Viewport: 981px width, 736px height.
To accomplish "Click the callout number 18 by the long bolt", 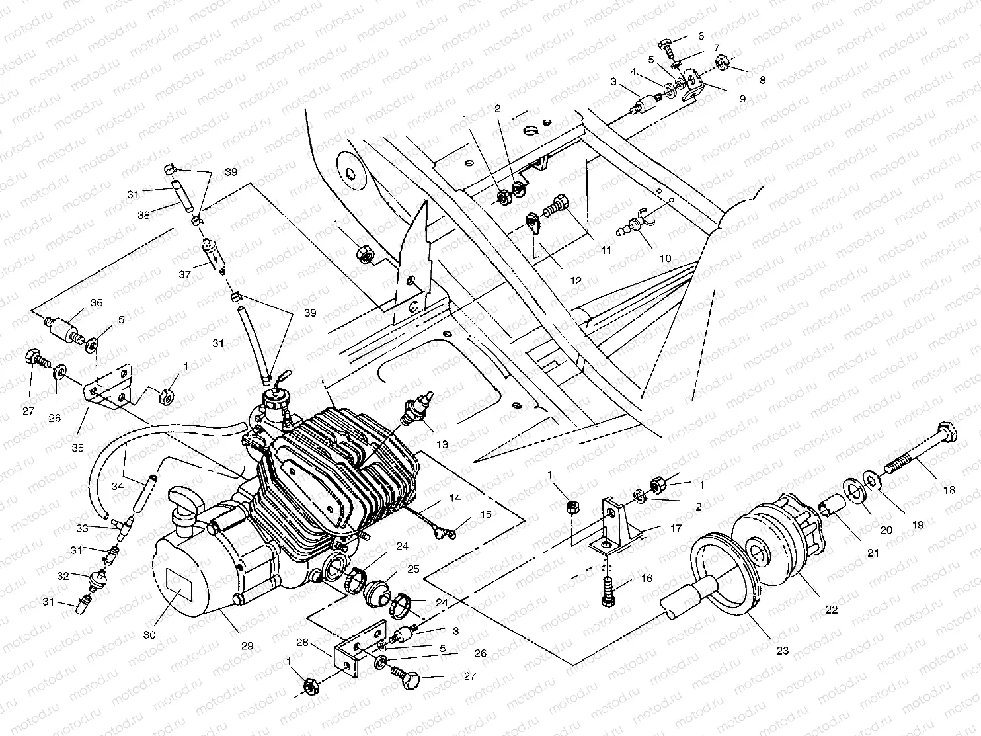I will pos(949,491).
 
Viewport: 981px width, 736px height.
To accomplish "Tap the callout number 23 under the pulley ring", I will pos(783,651).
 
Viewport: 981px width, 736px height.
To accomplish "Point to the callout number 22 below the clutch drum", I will pos(831,610).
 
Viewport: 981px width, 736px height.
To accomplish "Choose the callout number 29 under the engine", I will pos(247,645).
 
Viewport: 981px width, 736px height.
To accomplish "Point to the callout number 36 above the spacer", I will pos(97,302).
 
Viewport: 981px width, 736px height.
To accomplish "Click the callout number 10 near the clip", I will pos(665,258).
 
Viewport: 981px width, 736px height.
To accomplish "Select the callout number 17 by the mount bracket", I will pos(675,528).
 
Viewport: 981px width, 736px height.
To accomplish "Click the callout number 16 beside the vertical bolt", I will pos(647,579).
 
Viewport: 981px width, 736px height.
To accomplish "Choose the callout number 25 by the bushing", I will pos(413,569).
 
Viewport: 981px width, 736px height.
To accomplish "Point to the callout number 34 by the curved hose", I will pos(117,487).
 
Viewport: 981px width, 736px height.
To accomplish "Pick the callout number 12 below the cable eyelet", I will pos(576,281).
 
